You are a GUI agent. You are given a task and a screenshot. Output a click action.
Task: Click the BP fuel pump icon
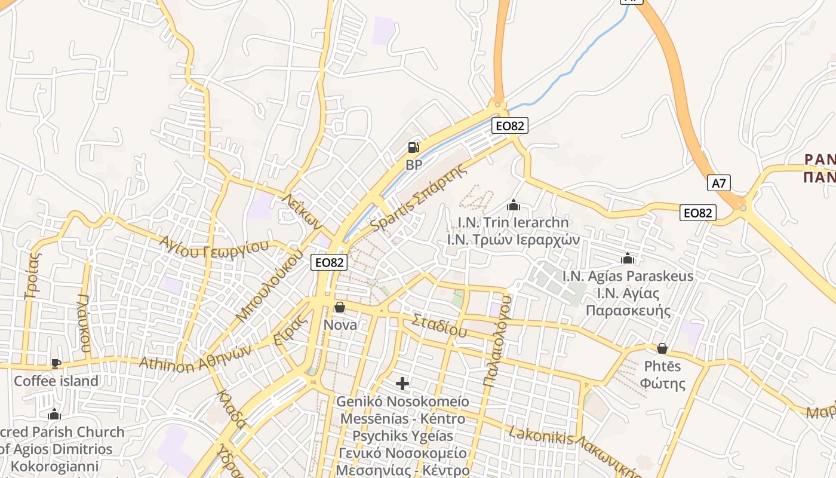point(413,148)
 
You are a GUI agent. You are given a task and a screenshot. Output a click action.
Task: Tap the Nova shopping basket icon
point(340,307)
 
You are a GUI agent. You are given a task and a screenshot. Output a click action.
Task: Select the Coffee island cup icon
point(56,363)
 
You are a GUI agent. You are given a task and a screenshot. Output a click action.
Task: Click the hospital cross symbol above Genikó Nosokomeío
point(402,383)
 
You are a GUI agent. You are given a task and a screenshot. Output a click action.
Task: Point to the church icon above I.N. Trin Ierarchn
point(513,206)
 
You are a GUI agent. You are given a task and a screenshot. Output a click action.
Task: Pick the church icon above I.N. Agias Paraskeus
point(628,259)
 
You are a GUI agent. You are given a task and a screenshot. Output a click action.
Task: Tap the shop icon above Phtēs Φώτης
point(662,348)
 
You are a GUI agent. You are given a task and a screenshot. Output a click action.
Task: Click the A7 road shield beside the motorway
point(719,183)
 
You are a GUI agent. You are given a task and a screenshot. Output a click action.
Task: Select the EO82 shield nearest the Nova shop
point(329,262)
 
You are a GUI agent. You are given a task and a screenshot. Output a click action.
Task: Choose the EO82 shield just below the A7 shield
point(698,213)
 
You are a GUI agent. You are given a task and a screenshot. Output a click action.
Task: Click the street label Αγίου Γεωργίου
point(214,247)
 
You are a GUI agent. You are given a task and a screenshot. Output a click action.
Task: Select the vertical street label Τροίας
point(33,275)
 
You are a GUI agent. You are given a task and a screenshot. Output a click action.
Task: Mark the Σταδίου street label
point(439,324)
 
